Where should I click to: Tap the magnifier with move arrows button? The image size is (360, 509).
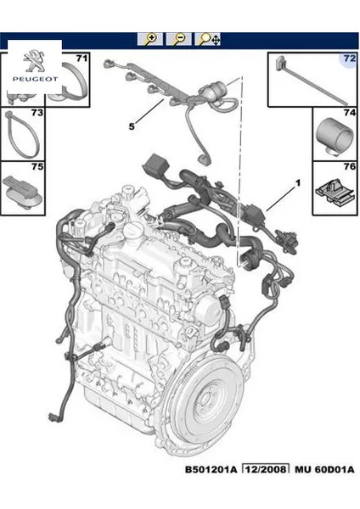(x=208, y=39)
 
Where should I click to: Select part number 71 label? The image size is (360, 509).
(x=82, y=58)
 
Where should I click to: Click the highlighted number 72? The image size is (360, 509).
(x=348, y=58)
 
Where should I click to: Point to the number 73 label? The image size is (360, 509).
(x=37, y=112)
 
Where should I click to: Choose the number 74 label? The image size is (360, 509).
(x=348, y=112)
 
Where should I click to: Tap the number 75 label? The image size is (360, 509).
(x=37, y=166)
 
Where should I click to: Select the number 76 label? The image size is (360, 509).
(x=348, y=166)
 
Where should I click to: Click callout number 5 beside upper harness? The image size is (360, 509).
(x=131, y=126)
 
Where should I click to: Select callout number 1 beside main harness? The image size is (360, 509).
(x=298, y=182)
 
